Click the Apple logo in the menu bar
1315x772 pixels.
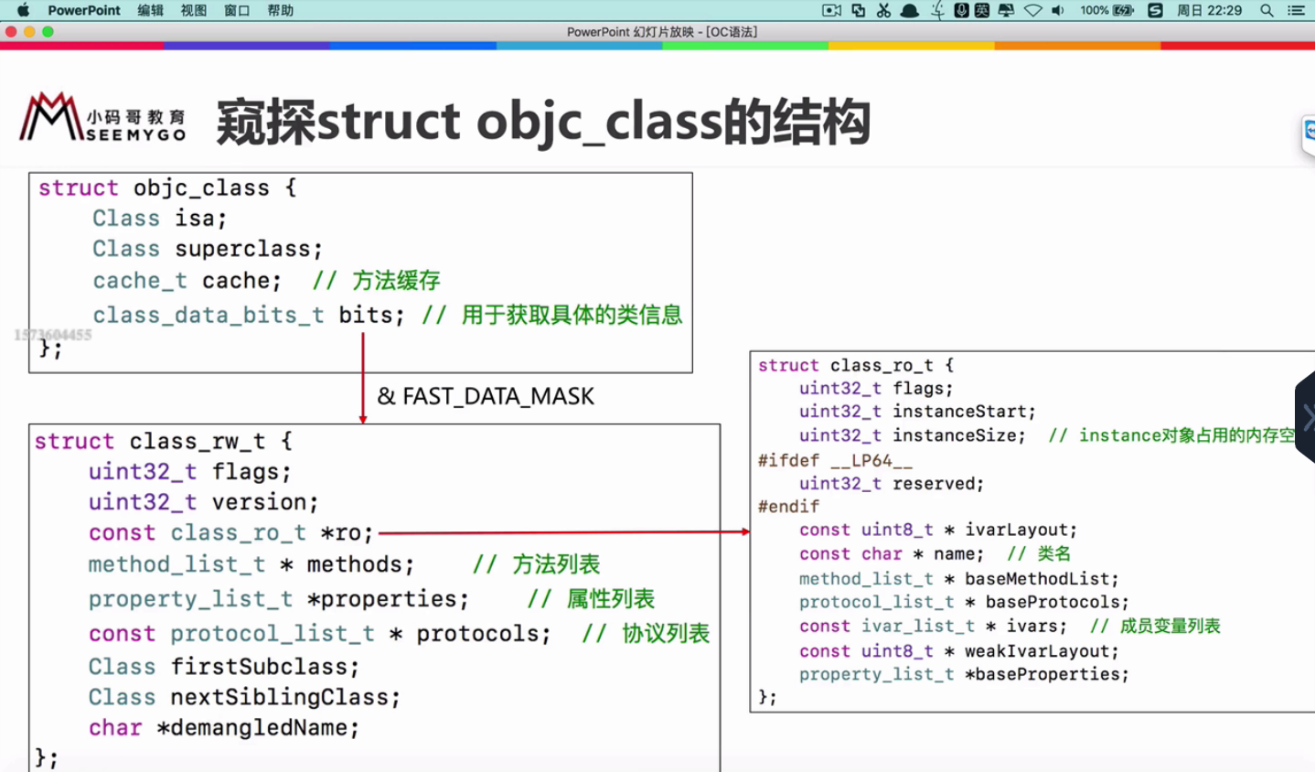(23, 10)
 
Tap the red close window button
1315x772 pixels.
(11, 32)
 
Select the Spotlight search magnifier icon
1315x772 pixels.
(1267, 10)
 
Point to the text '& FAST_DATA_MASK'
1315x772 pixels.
(486, 396)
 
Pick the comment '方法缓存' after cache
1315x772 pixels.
(396, 280)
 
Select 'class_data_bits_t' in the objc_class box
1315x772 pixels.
(208, 315)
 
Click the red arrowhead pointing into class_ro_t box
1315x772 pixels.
(745, 531)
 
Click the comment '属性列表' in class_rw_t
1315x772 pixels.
(610, 599)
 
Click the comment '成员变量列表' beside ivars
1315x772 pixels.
(1170, 627)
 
